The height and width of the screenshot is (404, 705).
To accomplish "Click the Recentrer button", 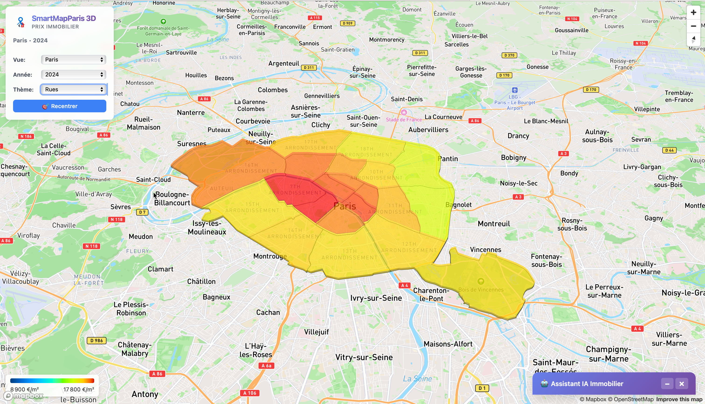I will coord(59,106).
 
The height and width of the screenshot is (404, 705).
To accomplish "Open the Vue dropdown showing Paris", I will coord(73,60).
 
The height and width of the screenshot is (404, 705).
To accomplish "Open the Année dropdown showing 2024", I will coord(73,74).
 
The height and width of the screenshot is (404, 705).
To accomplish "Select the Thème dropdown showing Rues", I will coord(73,89).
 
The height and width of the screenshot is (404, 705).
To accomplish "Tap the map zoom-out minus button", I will coord(693,26).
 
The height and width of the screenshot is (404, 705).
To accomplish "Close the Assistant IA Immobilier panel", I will coord(681,384).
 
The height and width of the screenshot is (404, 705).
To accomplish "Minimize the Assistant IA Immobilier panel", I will coord(667,384).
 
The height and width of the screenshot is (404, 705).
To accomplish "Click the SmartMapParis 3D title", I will coord(64,18).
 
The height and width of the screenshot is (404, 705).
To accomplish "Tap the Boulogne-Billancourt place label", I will coord(172,199).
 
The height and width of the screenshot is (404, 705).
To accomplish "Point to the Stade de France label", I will coord(404,120).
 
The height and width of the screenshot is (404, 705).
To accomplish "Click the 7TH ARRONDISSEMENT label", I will coord(295,189).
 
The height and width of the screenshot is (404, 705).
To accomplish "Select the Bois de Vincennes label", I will coord(481,290).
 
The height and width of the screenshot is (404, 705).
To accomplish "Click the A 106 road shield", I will coord(249,393).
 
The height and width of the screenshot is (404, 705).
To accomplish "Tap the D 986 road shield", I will coord(97,340).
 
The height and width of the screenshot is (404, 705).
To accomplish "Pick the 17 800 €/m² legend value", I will coord(79,389).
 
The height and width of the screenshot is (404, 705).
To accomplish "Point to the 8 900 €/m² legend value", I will coord(24,389).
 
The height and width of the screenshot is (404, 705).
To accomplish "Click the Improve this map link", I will coord(679,399).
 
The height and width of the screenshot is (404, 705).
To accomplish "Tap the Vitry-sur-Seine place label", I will coord(364,357).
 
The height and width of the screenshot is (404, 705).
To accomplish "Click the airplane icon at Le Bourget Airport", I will coord(515,90).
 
